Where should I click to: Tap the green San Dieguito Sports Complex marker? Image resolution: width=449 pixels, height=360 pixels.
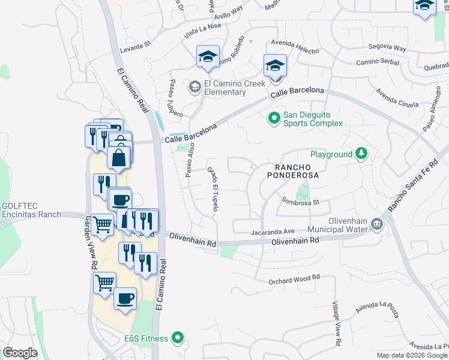pos(274,118)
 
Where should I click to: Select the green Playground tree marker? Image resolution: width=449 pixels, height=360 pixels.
pos(361,154)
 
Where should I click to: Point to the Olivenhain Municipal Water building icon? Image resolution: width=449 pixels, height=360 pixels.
pos(376,224)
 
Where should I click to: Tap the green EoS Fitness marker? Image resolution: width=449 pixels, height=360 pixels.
pos(177,338)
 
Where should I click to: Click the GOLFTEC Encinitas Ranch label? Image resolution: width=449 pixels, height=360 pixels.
pos(29,209)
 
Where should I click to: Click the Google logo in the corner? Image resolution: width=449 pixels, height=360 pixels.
pos(20,353)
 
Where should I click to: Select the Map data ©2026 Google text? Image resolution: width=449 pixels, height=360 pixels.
pos(411,355)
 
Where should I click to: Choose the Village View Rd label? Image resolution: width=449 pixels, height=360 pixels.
pos(337,324)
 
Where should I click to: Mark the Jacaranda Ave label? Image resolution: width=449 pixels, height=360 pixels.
pos(273,230)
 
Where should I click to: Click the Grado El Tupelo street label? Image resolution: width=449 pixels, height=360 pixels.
pos(212,188)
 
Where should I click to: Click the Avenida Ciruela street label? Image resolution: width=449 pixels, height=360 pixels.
pos(397,98)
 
